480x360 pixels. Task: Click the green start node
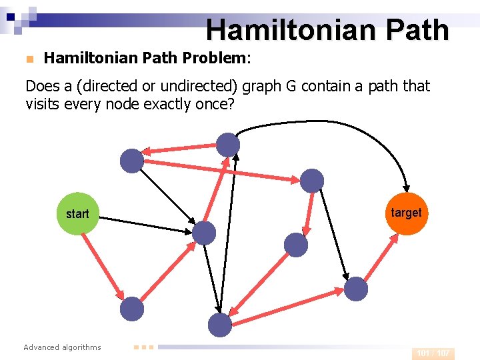click(x=77, y=214)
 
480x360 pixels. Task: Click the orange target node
click(x=406, y=213)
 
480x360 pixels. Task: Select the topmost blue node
click(x=228, y=145)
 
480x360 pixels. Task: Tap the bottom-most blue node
click(x=219, y=325)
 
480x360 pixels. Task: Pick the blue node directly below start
click(x=132, y=309)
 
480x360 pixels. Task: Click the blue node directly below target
click(x=356, y=289)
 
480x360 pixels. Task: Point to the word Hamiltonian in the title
click(x=279, y=30)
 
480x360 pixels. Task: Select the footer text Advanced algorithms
click(x=62, y=347)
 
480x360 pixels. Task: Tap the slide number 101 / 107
click(x=433, y=353)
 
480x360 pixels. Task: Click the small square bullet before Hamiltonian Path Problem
click(x=29, y=59)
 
